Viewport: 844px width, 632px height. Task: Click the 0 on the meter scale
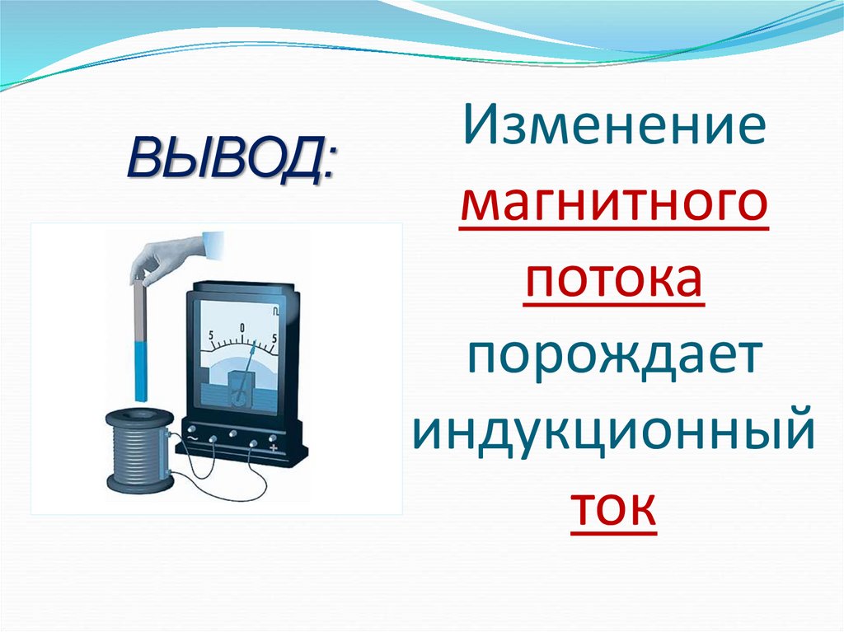(243, 329)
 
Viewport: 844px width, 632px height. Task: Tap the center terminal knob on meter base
(232, 433)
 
